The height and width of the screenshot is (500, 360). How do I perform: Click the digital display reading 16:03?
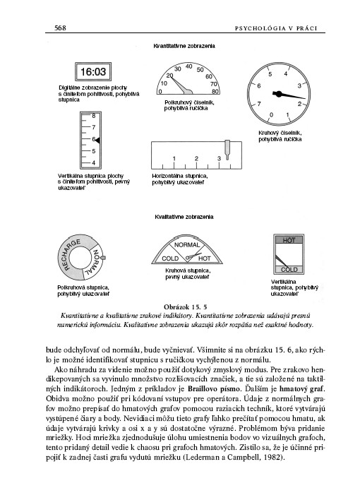pyautogui.click(x=92, y=72)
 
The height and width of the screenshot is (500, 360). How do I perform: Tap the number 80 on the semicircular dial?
pyautogui.click(x=215, y=92)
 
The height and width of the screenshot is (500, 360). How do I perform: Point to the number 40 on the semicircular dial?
pyautogui.click(x=188, y=66)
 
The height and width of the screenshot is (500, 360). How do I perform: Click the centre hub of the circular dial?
pyautogui.click(x=278, y=94)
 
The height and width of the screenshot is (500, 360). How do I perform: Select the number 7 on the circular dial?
pyautogui.click(x=259, y=104)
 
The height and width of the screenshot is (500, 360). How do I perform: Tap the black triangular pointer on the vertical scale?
pyautogui.click(x=97, y=141)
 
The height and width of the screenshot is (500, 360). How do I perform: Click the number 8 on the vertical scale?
pyautogui.click(x=94, y=116)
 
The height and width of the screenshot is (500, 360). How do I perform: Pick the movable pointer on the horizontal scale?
pyautogui.click(x=227, y=150)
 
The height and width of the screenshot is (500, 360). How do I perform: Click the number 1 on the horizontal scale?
pyautogui.click(x=174, y=158)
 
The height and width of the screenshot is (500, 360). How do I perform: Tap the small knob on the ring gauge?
pyautogui.click(x=103, y=258)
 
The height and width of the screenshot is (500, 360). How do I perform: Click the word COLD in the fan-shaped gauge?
pyautogui.click(x=170, y=258)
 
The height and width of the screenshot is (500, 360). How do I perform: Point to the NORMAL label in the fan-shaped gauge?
pyautogui.click(x=187, y=245)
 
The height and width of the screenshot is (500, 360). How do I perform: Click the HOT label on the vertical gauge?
pyautogui.click(x=289, y=240)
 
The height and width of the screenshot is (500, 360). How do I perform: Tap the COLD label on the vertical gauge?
pyautogui.click(x=289, y=270)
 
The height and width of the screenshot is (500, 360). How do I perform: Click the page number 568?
pyautogui.click(x=60, y=28)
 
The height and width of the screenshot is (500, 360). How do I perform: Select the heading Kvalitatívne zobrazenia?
pyautogui.click(x=184, y=217)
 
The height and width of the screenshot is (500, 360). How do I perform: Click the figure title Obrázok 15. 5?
pyautogui.click(x=185, y=307)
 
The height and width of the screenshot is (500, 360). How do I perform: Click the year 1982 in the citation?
pyautogui.click(x=273, y=458)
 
